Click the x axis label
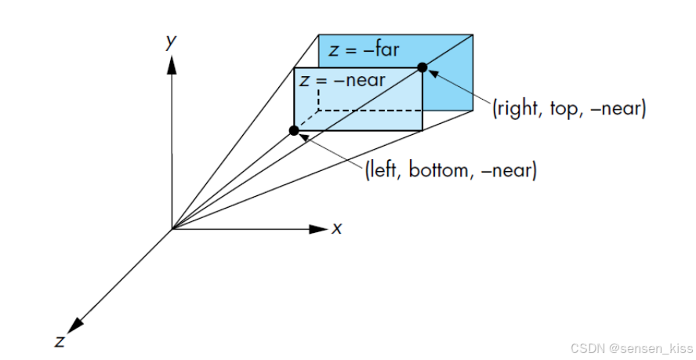337,228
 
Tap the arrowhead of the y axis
172,64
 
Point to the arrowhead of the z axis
76,325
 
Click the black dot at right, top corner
422,67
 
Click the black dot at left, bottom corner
294,130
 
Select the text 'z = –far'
364,51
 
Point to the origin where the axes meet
172,229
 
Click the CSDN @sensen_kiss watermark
631,347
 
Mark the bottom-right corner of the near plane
422,130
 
